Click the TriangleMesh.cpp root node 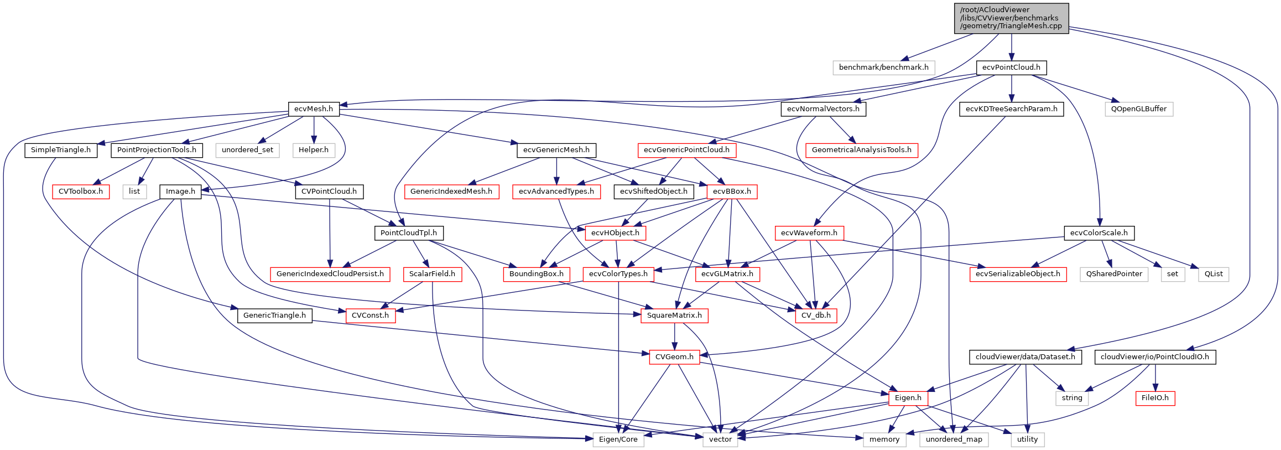pyautogui.click(x=1011, y=18)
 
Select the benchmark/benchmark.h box pyautogui.click(x=883, y=68)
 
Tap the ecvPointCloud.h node pyautogui.click(x=1011, y=68)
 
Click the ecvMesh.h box pyautogui.click(x=314, y=109)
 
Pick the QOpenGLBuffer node pyautogui.click(x=1139, y=109)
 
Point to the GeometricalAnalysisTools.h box pyautogui.click(x=861, y=150)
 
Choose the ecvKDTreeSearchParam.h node pyautogui.click(x=1011, y=109)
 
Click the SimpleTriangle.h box pyautogui.click(x=61, y=150)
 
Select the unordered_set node pyautogui.click(x=247, y=150)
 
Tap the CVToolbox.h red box pyautogui.click(x=81, y=192)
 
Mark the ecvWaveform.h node pyautogui.click(x=809, y=233)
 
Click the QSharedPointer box pyautogui.click(x=1114, y=274)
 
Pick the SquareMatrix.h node pyautogui.click(x=674, y=315)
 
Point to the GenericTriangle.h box pyautogui.click(x=274, y=315)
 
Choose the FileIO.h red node pyautogui.click(x=1155, y=398)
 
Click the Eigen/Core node pyautogui.click(x=618, y=439)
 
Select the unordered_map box pyautogui.click(x=954, y=439)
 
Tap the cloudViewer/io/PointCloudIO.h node pyautogui.click(x=1154, y=357)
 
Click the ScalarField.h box pyautogui.click(x=432, y=274)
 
